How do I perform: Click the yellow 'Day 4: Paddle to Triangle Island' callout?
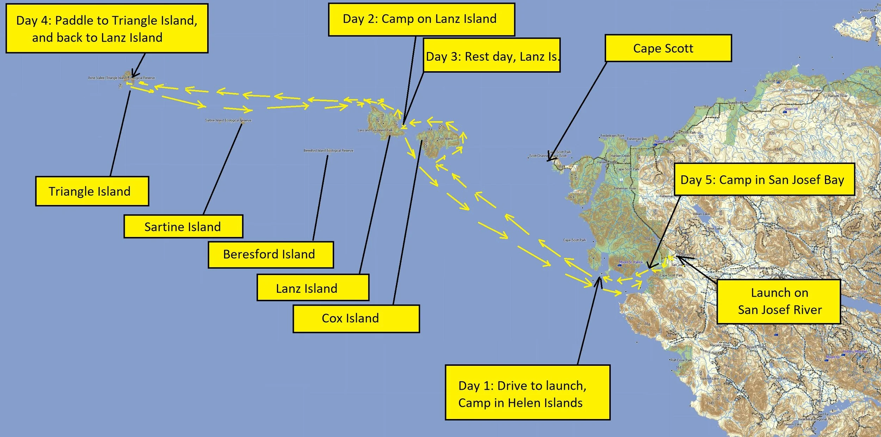(107, 29)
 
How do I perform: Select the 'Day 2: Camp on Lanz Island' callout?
(421, 19)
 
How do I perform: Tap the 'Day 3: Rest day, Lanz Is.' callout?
(492, 56)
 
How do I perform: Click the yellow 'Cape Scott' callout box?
(668, 48)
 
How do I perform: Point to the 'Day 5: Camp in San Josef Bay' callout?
(764, 180)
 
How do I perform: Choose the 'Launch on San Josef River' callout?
(779, 302)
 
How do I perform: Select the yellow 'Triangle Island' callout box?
(92, 191)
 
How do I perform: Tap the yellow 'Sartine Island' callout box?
(183, 226)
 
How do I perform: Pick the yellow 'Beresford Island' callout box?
(270, 254)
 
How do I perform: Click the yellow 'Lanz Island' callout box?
(313, 288)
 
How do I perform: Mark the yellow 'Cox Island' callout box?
(356, 318)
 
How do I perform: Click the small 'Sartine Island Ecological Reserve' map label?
(228, 120)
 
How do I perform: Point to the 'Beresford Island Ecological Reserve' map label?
(328, 151)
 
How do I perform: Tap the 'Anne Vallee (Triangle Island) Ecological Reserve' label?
(121, 78)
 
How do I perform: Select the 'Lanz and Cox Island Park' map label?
(375, 130)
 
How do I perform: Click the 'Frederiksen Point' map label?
(612, 136)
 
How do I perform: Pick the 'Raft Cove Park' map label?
(681, 360)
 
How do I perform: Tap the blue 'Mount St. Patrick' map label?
(631, 262)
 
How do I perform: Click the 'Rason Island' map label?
(869, 11)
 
